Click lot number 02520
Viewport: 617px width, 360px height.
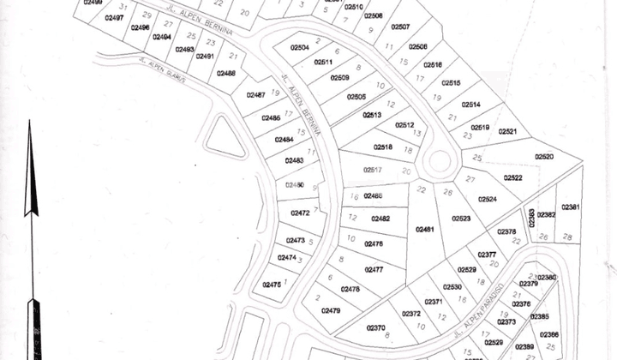click(545, 157)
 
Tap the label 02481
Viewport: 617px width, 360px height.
click(425, 230)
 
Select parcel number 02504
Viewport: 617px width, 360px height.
click(300, 48)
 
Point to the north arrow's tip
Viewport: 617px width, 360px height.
click(29, 123)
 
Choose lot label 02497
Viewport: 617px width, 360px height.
click(114, 17)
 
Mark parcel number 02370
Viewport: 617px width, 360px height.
click(375, 327)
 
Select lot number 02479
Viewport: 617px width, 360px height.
click(331, 310)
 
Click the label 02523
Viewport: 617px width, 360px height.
click(462, 219)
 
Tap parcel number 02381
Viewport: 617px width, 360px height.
click(571, 207)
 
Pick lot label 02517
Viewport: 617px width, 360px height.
click(372, 171)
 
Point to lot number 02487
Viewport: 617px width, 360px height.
click(255, 95)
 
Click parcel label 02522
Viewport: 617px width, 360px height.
click(512, 177)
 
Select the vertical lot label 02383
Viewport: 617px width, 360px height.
click(531, 218)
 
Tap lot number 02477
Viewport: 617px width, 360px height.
click(374, 269)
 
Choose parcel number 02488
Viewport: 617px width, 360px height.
click(226, 74)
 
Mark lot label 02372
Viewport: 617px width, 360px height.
click(411, 314)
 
